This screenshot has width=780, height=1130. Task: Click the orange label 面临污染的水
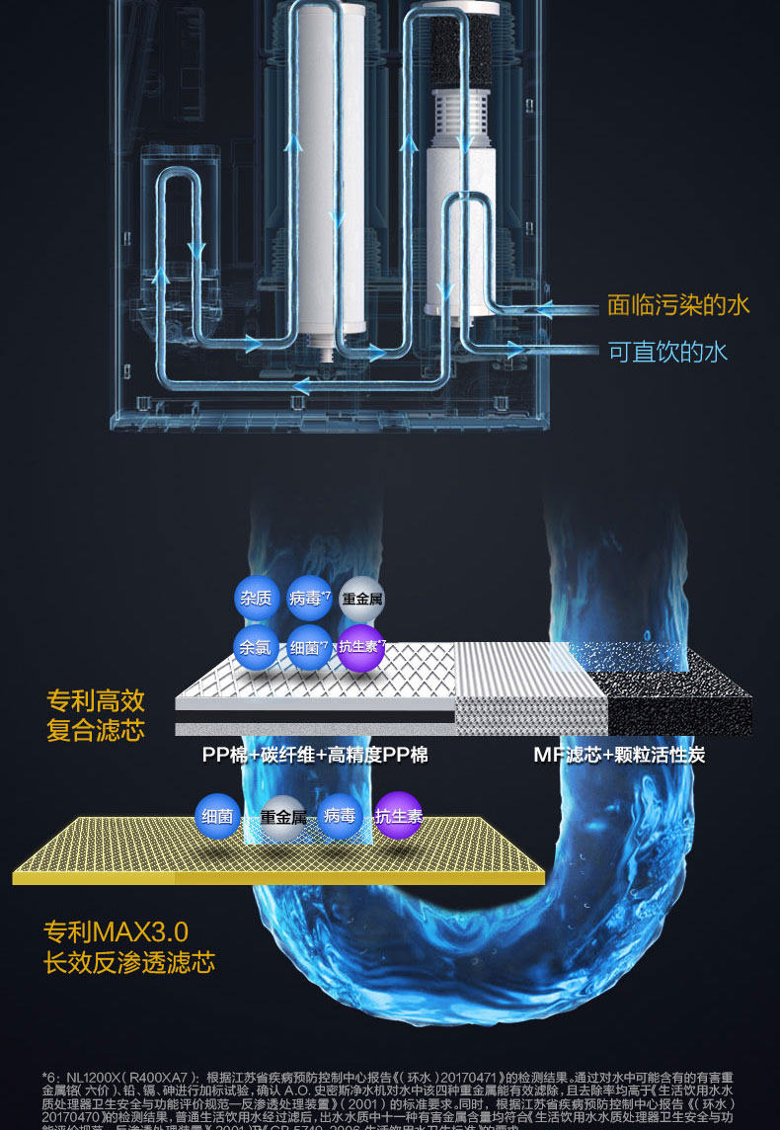tap(678, 305)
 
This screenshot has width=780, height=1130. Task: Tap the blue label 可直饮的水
tap(668, 352)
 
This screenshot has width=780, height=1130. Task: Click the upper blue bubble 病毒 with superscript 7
tap(309, 598)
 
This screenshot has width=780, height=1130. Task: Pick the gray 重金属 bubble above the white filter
tap(361, 599)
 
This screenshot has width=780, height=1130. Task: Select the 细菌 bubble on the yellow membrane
tap(216, 816)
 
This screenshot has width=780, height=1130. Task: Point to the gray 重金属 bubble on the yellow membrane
tap(282, 817)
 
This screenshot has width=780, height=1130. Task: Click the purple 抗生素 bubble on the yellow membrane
tap(399, 816)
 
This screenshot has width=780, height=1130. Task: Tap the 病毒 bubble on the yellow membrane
tap(340, 816)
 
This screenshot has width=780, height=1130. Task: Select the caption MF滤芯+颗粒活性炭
tap(619, 756)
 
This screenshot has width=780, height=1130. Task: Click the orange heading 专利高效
tap(96, 701)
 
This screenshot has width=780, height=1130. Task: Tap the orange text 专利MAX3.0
tap(116, 931)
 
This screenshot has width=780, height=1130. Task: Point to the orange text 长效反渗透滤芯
tap(129, 963)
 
